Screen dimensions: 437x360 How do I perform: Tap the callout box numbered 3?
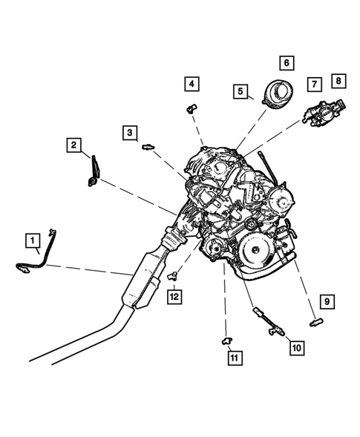point(130,133)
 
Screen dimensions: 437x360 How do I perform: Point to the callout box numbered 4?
point(192,84)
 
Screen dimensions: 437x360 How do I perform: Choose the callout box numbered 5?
point(240,91)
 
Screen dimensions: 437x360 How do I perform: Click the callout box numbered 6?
point(286,63)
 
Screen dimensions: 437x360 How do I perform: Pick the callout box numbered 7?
point(314,85)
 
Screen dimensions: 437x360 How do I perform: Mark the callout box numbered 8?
point(338,79)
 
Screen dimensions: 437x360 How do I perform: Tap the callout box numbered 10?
point(296,346)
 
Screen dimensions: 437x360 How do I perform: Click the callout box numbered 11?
point(234,358)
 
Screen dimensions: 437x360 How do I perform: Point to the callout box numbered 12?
point(174,297)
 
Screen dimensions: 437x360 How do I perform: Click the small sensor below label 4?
point(192,108)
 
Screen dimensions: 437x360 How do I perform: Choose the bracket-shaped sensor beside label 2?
point(94,171)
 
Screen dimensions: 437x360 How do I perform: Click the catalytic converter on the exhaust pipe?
point(144,280)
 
